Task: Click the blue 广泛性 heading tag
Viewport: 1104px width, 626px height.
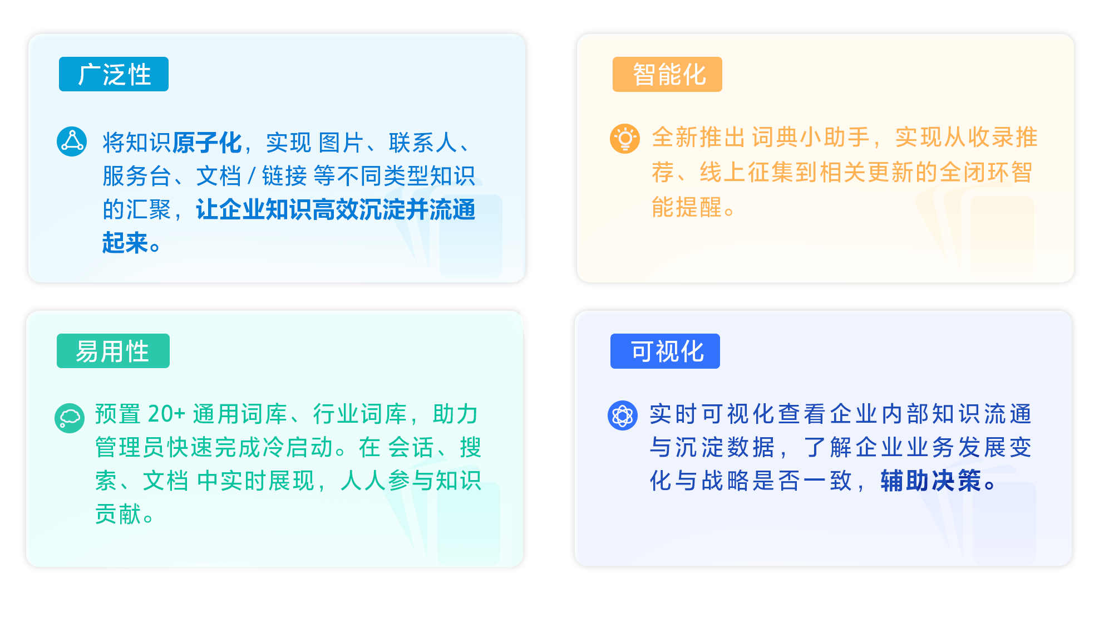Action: coord(114,74)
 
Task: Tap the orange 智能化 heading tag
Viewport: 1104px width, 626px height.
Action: coord(667,74)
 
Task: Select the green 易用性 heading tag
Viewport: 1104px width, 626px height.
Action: coord(113,351)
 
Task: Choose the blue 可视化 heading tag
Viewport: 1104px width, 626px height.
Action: coord(665,351)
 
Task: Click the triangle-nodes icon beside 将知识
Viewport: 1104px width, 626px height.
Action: coord(72,141)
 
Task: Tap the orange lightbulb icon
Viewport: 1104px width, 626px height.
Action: coord(625,138)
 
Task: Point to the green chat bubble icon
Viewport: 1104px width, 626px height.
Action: coord(70,418)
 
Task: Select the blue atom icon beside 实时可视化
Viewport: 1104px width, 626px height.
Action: coord(623,415)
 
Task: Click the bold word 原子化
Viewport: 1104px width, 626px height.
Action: coord(207,143)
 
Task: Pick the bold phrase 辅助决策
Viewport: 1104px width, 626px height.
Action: coord(931,480)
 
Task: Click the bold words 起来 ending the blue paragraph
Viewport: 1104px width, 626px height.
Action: coord(125,243)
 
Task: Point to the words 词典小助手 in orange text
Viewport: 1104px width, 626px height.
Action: coord(811,137)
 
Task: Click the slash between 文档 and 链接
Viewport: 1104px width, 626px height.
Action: coord(252,176)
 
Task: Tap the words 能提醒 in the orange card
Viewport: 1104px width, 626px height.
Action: coord(687,207)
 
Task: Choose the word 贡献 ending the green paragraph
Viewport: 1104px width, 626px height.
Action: coord(118,514)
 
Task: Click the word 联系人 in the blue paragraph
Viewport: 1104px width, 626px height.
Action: coord(423,143)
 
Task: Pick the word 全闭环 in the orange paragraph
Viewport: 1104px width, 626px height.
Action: coord(975,172)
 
